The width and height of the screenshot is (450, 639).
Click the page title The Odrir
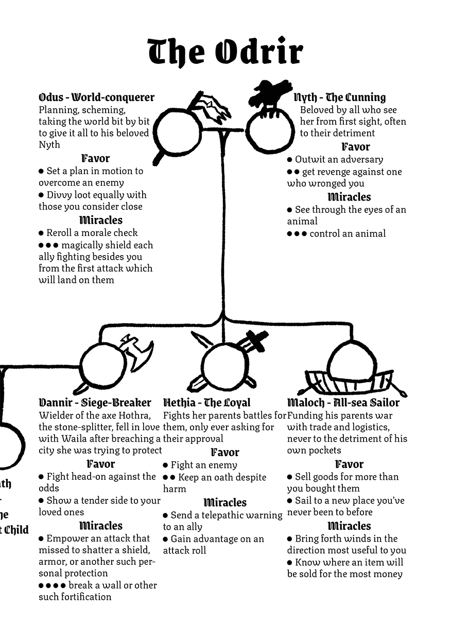pos(225,52)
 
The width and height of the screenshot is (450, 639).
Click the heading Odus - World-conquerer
pos(96,97)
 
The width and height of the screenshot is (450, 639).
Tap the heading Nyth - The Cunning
pos(340,97)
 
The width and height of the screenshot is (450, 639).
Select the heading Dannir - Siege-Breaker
pos(95,402)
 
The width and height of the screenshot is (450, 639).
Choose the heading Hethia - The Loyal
pos(206,402)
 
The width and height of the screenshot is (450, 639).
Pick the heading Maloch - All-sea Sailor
pos(343,402)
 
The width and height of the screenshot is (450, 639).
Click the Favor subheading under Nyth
pos(356,147)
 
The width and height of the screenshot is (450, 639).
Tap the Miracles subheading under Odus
pos(101,220)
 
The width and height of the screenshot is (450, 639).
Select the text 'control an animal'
pos(348,233)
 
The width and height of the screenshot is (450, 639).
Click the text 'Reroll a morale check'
pos(92,233)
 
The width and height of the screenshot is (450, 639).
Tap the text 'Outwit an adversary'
pos(339,159)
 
